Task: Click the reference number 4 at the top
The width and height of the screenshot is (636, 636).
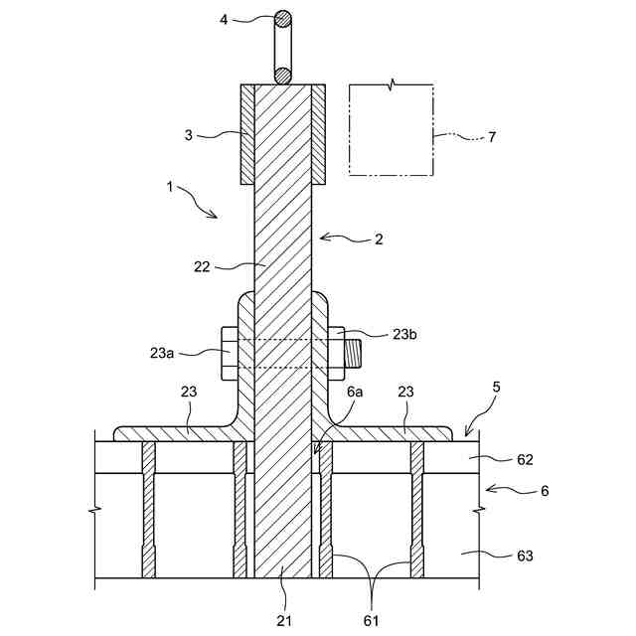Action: click(x=225, y=18)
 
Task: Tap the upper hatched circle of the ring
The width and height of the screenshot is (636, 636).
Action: click(x=283, y=18)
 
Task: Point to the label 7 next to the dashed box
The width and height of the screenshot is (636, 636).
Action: click(x=491, y=137)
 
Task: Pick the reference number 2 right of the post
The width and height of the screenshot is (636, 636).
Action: click(x=378, y=238)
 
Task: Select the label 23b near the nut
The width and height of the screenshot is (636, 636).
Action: click(x=405, y=334)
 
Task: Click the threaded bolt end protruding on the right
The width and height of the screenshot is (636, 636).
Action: click(x=355, y=352)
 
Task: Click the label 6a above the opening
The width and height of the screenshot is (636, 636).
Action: click(x=355, y=394)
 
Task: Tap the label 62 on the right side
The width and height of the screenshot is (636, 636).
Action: click(x=526, y=459)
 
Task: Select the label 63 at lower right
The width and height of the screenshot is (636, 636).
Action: click(x=526, y=556)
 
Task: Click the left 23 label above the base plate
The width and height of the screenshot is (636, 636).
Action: click(x=190, y=394)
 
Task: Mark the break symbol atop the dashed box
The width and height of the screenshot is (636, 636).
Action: click(x=394, y=83)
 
